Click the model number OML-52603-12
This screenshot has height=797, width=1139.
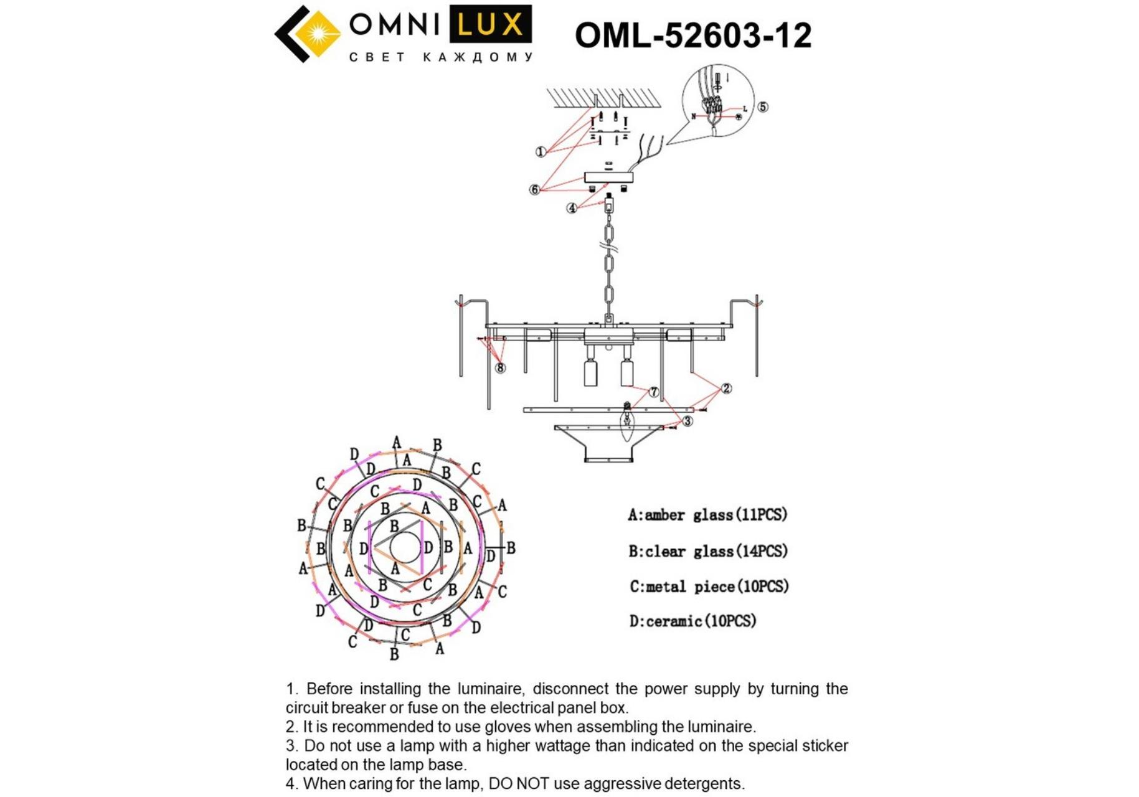(693, 35)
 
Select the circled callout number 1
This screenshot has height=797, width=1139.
(541, 151)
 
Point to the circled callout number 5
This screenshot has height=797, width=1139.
(763, 106)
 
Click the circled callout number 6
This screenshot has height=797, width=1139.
(534, 189)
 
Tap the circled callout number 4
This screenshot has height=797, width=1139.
(572, 208)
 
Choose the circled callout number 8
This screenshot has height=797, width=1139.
(500, 368)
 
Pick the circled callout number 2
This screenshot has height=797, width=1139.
(726, 389)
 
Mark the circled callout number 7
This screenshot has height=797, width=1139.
(653, 392)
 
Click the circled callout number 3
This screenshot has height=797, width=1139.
(688, 421)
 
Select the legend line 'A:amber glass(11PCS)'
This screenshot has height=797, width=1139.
(707, 515)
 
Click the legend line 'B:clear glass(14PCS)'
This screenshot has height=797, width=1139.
(708, 551)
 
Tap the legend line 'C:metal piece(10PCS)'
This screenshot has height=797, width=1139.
(709, 587)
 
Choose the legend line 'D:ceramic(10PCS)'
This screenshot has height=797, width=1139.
(692, 621)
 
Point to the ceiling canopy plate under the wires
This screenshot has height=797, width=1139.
(608, 177)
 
